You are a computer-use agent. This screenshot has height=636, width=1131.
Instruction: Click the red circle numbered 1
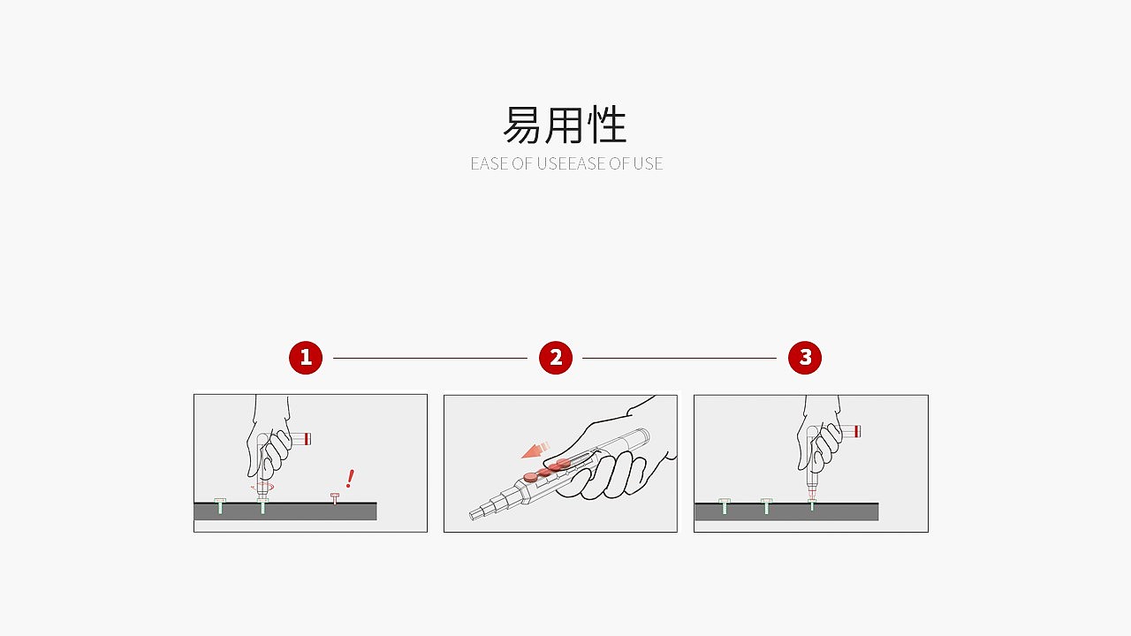[x=306, y=358]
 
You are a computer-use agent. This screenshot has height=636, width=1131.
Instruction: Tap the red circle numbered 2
[x=556, y=358]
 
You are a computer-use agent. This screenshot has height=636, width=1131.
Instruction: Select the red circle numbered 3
[x=805, y=358]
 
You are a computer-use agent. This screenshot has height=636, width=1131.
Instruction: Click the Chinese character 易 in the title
[x=522, y=125]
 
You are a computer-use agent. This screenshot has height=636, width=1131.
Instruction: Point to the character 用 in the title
[x=565, y=125]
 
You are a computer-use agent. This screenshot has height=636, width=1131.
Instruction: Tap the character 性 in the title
[x=607, y=125]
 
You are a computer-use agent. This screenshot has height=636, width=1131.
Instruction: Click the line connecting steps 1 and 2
[x=430, y=358]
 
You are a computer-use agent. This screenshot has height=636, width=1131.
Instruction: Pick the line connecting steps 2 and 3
[x=679, y=358]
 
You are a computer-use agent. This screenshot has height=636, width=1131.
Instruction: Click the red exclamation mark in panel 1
[x=350, y=479]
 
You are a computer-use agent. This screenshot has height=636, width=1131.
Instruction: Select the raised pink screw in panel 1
[x=335, y=498]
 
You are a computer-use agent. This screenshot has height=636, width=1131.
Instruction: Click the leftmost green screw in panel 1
[x=220, y=506]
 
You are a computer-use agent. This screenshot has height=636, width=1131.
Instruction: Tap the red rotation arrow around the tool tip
[x=262, y=488]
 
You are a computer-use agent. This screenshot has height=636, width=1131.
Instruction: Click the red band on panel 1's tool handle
[x=307, y=439]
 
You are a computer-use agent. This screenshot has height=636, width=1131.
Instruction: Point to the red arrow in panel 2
[x=535, y=450]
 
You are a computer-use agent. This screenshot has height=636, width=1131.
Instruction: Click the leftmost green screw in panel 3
[x=725, y=506]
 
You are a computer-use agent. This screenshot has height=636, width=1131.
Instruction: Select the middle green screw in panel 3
[x=766, y=506]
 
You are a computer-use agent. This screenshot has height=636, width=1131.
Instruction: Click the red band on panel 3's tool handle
[x=857, y=431]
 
